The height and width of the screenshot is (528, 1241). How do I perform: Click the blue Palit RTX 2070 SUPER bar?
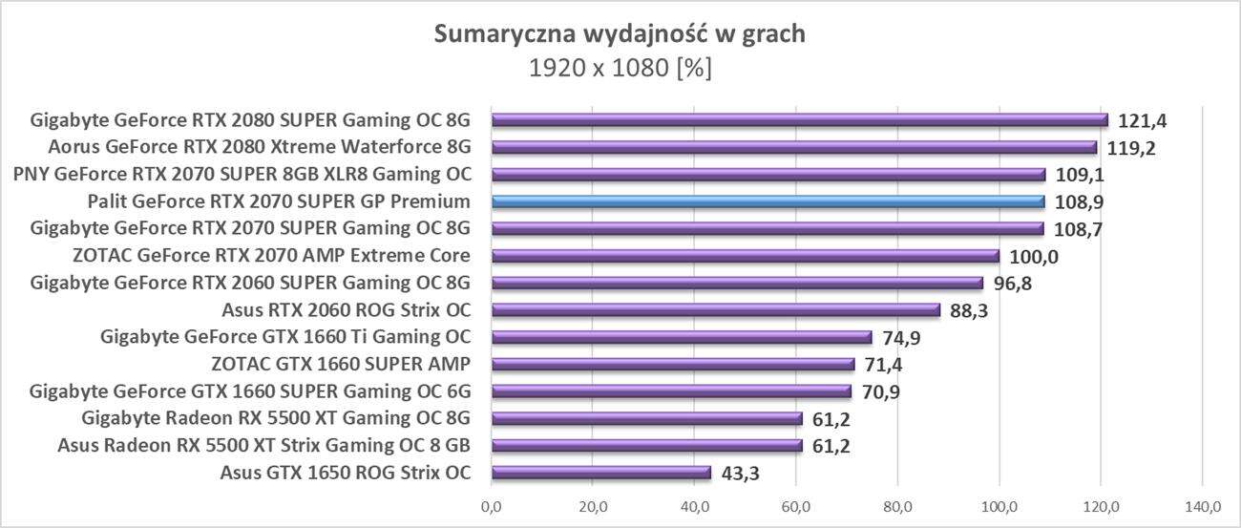pyautogui.click(x=768, y=201)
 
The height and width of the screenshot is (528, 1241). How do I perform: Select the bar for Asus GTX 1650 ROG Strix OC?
pyautogui.click(x=601, y=472)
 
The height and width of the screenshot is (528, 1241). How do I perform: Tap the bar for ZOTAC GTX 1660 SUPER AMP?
pyautogui.click(x=673, y=364)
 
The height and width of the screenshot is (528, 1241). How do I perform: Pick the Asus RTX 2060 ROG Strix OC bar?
pyautogui.click(x=716, y=309)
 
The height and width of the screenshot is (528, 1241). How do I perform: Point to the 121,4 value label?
pyautogui.click(x=1142, y=121)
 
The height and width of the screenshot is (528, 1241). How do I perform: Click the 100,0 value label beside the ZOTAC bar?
pyautogui.click(x=1034, y=257)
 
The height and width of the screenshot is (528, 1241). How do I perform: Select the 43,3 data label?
pyautogui.click(x=741, y=473)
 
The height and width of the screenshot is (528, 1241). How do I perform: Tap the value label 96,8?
pyautogui.click(x=1014, y=284)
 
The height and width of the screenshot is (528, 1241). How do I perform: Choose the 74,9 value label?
pyautogui.click(x=902, y=338)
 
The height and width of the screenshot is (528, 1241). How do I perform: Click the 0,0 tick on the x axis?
pyautogui.click(x=492, y=505)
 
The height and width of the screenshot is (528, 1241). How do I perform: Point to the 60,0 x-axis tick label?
pyautogui.click(x=796, y=505)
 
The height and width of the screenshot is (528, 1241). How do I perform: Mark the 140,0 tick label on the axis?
pyautogui.click(x=1202, y=505)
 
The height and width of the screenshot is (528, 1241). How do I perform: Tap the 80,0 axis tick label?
pyautogui.click(x=897, y=505)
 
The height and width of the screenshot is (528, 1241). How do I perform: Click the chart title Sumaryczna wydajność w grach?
pyautogui.click(x=620, y=35)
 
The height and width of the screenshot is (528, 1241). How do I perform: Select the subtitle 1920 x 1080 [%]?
pyautogui.click(x=620, y=69)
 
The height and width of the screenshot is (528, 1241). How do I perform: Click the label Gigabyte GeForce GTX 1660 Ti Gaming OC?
pyautogui.click(x=285, y=337)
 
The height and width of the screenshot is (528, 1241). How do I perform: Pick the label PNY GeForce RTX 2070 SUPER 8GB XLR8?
pyautogui.click(x=242, y=175)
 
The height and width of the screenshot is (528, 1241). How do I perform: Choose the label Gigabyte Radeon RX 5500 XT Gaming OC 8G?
pyautogui.click(x=276, y=418)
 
